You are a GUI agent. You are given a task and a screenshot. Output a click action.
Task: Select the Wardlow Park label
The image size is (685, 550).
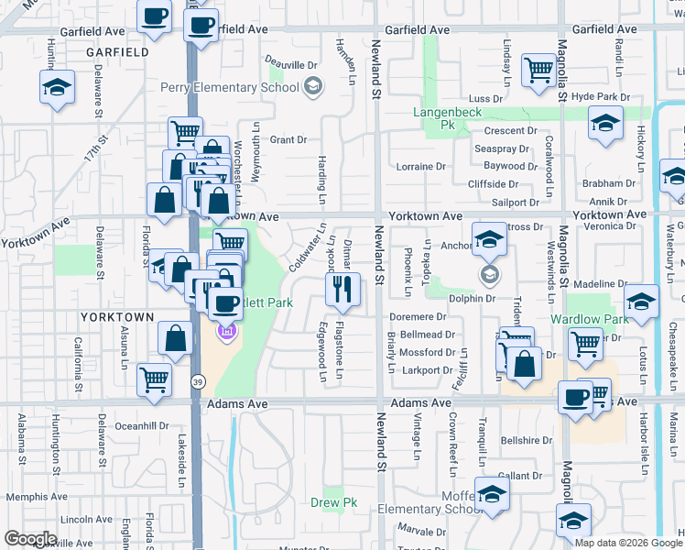589,320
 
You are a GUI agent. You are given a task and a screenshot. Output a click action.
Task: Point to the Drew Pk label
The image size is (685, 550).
333,502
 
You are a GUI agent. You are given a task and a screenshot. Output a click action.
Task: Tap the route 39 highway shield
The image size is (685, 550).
198,380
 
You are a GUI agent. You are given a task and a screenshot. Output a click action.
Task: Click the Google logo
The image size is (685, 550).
30,539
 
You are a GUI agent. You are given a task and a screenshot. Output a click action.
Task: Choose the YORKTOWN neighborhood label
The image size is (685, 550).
117,316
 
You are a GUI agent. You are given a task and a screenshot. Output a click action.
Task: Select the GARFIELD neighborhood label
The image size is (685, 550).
117,53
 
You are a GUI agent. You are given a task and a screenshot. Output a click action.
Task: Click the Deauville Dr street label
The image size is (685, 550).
290,65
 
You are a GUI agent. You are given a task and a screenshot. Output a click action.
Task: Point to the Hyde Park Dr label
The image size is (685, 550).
601,96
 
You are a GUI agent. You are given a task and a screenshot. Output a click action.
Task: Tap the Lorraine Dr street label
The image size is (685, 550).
420,167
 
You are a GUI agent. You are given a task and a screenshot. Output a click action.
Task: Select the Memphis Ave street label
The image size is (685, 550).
33,496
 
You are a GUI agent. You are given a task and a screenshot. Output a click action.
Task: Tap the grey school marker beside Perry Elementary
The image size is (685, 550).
312,87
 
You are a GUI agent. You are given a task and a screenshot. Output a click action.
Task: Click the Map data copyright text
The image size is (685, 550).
628,542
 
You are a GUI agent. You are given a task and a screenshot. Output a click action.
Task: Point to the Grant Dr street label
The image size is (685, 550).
288,140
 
